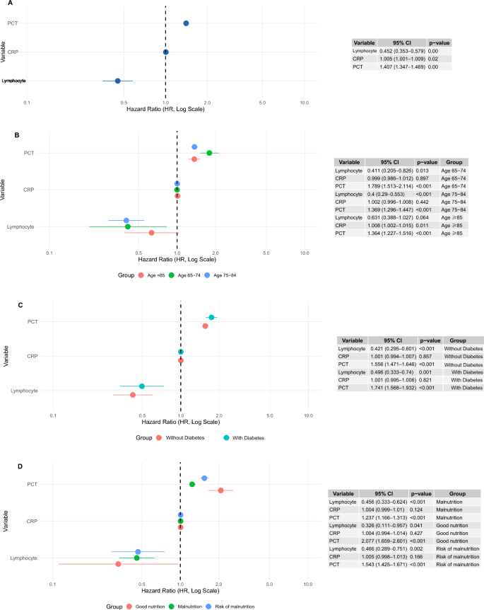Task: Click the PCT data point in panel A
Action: point(186,23)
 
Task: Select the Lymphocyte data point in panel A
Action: point(118,81)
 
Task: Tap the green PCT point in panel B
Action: point(208,153)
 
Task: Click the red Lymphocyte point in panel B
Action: point(151,233)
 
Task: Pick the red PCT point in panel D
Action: point(220,490)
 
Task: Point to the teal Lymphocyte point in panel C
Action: point(142,386)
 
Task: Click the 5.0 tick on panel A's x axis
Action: point(262,103)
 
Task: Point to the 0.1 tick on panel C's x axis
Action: point(53,415)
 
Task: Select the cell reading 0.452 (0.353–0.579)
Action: point(401,52)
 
